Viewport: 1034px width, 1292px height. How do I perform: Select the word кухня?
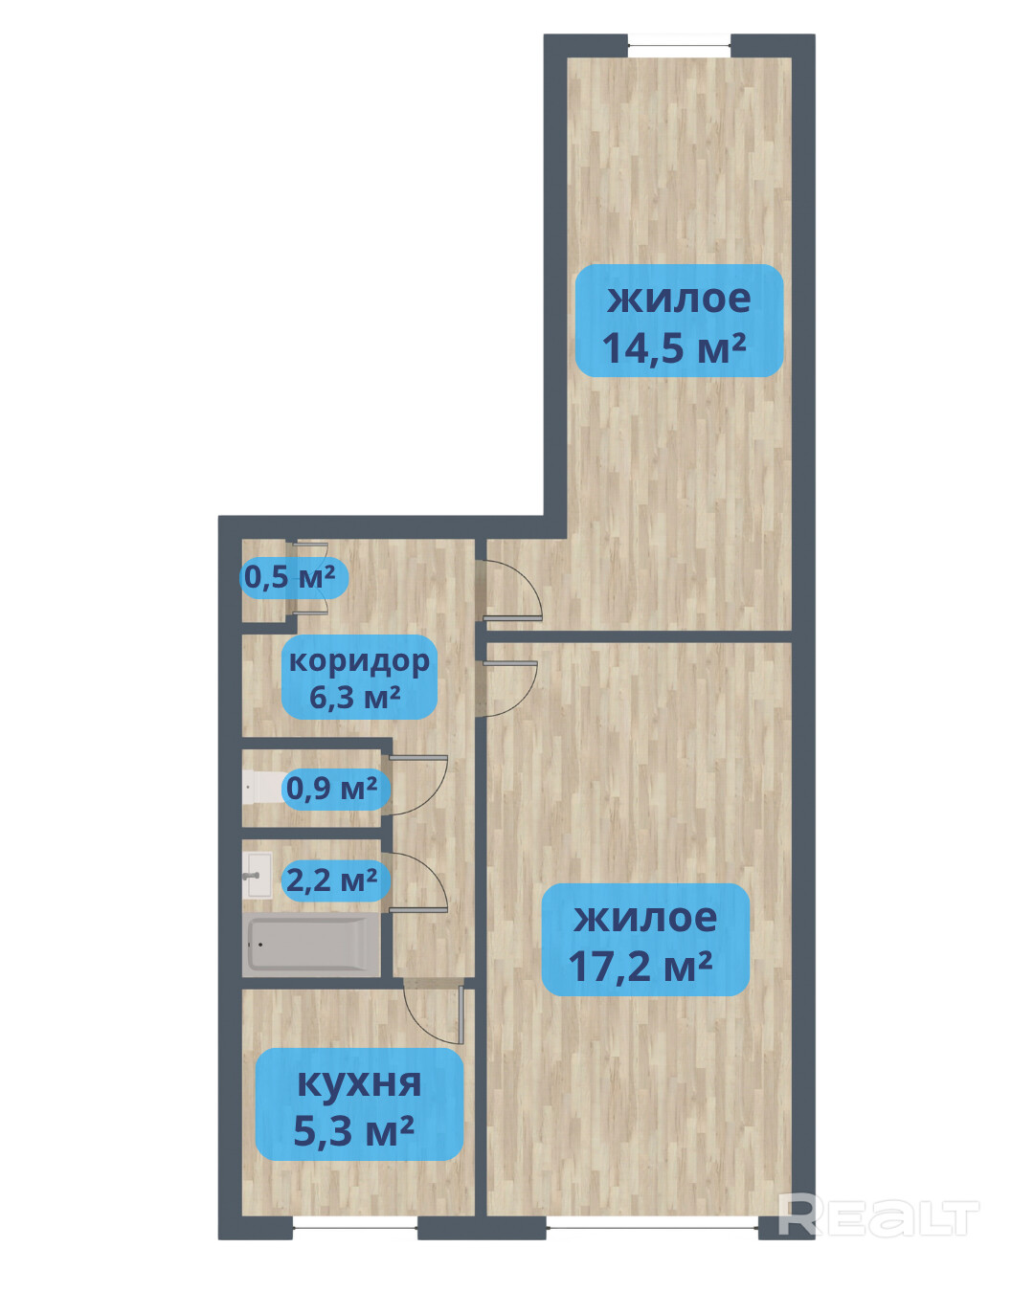click(359, 1082)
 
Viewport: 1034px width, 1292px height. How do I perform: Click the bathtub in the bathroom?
click(311, 945)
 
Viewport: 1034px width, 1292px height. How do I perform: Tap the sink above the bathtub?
click(258, 876)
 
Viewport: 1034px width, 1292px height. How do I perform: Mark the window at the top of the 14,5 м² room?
click(679, 46)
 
